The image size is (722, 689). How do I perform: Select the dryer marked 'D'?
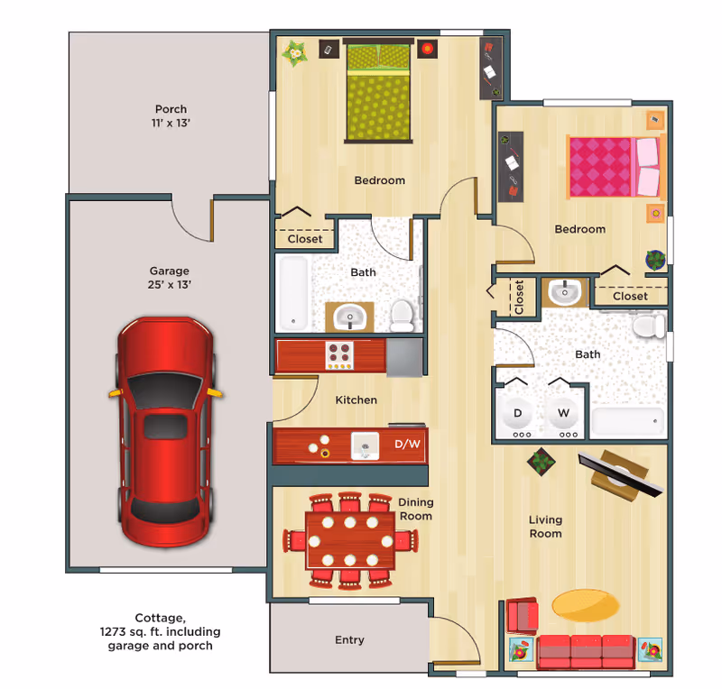pos(518,414)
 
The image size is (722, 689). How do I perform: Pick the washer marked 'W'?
pos(564,414)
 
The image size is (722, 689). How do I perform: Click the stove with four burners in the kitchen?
pos(340,355)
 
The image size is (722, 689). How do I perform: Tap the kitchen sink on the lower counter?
pos(364,445)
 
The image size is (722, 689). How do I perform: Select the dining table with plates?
pos(350,539)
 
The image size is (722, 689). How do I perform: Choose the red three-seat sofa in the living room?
pos(587,651)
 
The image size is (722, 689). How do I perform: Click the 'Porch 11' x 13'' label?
pos(171,115)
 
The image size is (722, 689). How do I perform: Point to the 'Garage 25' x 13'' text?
pos(170,277)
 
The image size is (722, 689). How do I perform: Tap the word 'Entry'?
pos(349,640)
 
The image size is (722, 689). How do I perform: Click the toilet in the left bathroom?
pos(402,315)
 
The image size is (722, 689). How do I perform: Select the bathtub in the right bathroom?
pos(627,422)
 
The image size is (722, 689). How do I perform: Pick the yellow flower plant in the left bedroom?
pos(294,53)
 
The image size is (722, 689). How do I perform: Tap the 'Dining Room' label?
pos(415,510)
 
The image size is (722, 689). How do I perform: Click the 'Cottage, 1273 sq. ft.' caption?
pos(161,631)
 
